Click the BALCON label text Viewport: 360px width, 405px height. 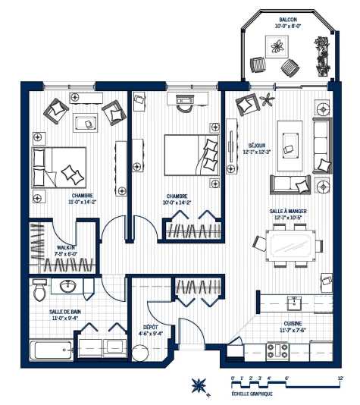click(x=287, y=19)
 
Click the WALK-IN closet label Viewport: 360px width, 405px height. click(x=66, y=247)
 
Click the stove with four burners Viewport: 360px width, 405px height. click(x=277, y=350)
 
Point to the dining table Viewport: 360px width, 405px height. click(x=288, y=244)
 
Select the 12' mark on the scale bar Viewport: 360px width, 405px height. click(x=340, y=377)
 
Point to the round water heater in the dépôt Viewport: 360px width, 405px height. click(x=139, y=353)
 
